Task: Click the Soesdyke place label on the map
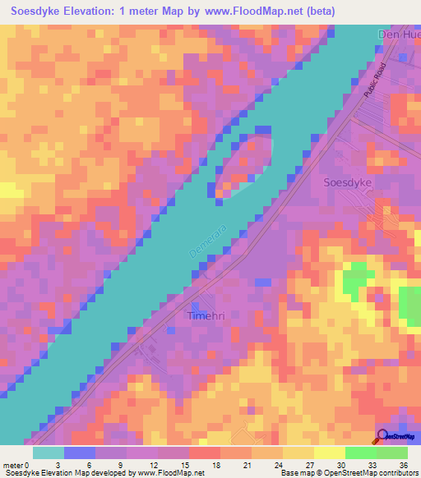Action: click(x=348, y=182)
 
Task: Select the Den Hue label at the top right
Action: click(x=398, y=34)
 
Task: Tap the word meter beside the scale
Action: click(x=14, y=465)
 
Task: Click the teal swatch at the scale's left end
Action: click(x=49, y=453)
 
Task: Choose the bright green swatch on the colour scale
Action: click(x=360, y=453)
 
